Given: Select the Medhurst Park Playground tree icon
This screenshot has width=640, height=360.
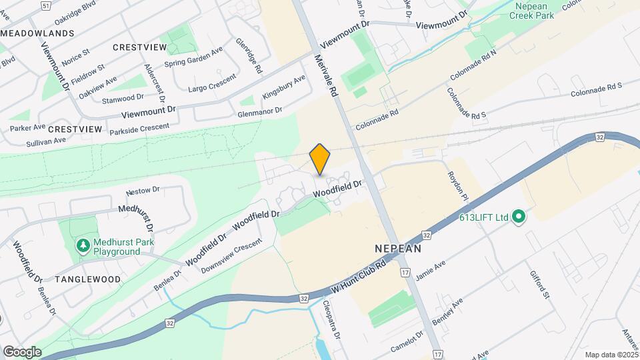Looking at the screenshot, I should (x=83, y=247).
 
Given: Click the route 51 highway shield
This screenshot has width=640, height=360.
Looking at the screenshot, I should (x=45, y=5).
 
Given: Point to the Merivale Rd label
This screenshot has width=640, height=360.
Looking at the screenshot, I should (x=327, y=76).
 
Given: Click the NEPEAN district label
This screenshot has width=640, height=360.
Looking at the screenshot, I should (x=397, y=248).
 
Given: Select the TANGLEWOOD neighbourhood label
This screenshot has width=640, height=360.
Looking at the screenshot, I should (x=88, y=279).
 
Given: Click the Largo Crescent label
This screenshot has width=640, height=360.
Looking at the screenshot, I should (x=212, y=84).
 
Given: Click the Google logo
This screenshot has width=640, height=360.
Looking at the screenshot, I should (x=22, y=351).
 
